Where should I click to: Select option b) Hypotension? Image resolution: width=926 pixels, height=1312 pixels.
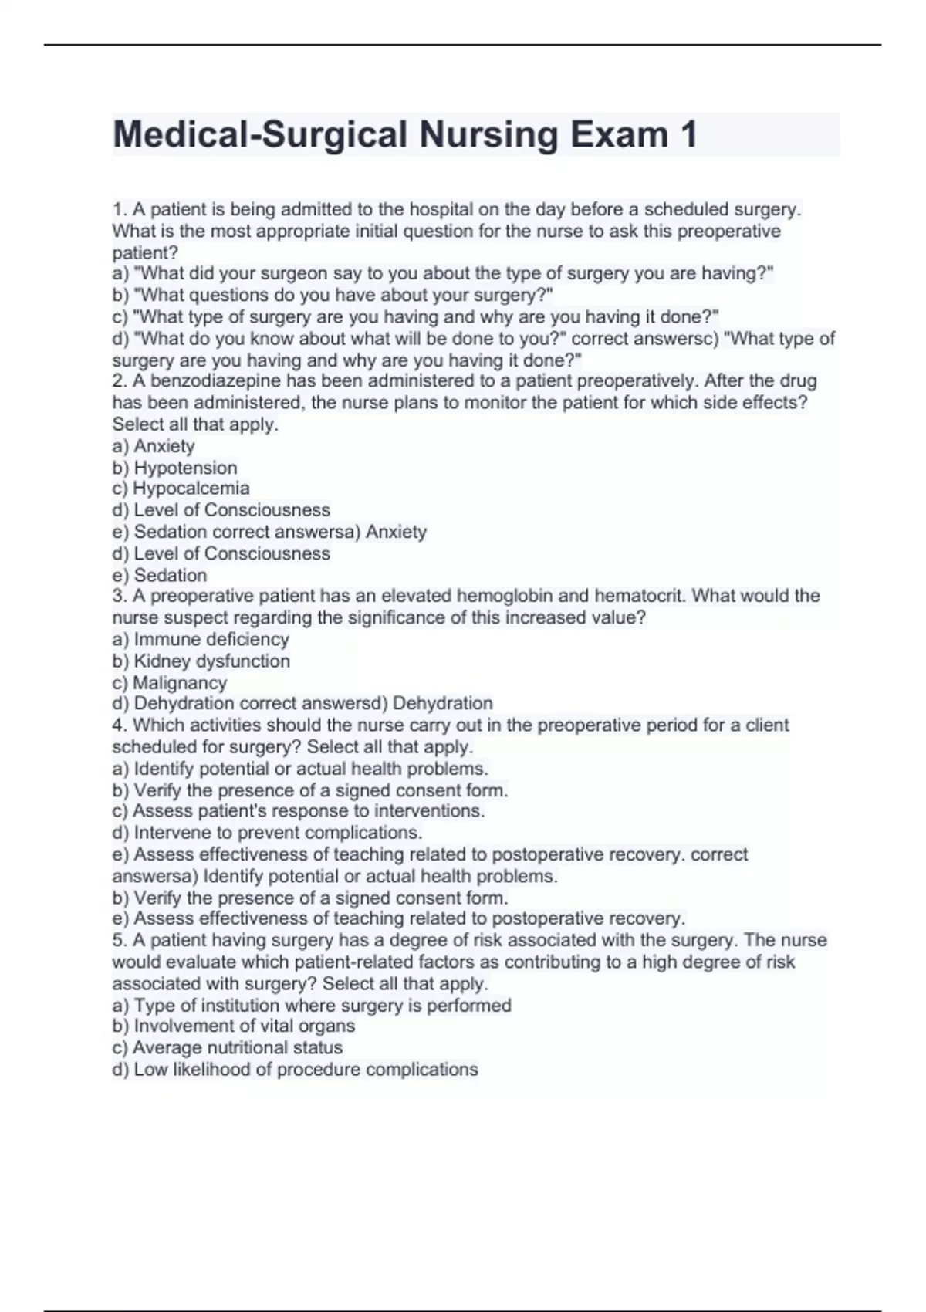point(175,468)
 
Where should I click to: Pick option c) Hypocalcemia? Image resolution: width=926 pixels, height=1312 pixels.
point(181,489)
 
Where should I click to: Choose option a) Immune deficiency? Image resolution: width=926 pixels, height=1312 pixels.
point(201,639)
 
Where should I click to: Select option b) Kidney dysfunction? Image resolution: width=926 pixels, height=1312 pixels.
point(201,661)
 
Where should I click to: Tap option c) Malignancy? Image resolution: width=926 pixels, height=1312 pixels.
point(170,683)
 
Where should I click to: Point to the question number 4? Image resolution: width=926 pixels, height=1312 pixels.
point(118,725)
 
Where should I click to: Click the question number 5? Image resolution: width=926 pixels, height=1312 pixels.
point(118,940)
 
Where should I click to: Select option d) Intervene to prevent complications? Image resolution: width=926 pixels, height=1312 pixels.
point(267,833)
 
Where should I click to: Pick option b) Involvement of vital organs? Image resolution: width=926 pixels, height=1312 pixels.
point(234,1026)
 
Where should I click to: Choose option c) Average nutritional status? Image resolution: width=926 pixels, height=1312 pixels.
point(228,1047)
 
